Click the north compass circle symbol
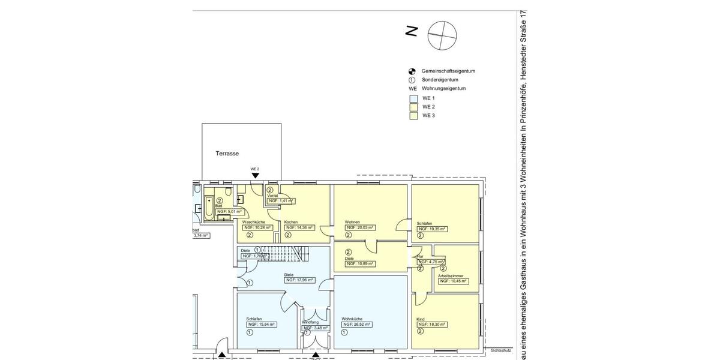click(x=442, y=35)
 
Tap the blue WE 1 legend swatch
click(x=413, y=98)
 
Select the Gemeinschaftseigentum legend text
click(x=448, y=71)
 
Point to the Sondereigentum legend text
click(x=440, y=80)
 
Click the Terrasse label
click(x=227, y=154)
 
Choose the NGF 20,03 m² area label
click(x=359, y=228)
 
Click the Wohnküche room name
click(x=352, y=319)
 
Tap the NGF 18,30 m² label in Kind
click(x=432, y=324)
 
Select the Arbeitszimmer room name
click(x=450, y=275)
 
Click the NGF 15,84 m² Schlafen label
click(x=261, y=324)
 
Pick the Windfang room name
click(x=310, y=322)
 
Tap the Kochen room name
click(x=291, y=222)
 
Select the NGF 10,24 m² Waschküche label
click(x=257, y=228)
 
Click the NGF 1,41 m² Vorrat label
click(x=281, y=201)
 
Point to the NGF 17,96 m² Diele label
click(x=300, y=280)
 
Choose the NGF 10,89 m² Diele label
click(x=360, y=264)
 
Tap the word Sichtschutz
click(x=500, y=350)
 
